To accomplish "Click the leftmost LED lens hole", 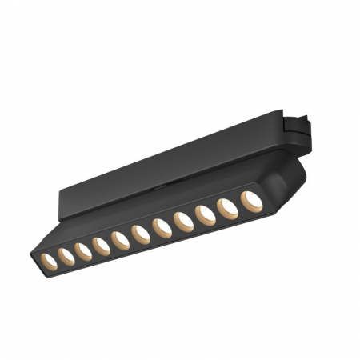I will (x=49, y=261).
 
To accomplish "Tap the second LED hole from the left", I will (x=66, y=256).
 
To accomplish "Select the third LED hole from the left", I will (x=84, y=251).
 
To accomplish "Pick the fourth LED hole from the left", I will (x=102, y=246).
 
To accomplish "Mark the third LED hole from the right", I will (x=204, y=215).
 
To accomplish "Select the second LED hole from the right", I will (x=227, y=208).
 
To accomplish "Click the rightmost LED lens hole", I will (x=251, y=200).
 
